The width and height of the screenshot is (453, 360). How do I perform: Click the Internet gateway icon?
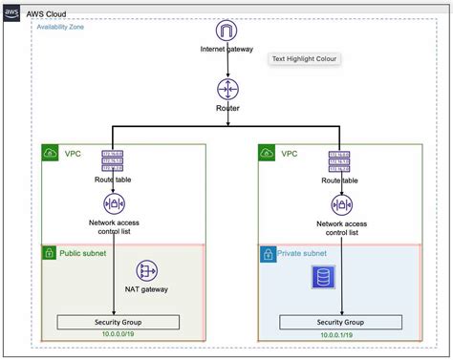[226, 32]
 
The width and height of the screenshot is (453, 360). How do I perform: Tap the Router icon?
[226, 89]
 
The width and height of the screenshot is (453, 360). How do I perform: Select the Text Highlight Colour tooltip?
[305, 58]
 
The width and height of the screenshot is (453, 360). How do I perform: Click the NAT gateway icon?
[146, 271]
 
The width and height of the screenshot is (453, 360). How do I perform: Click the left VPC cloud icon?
[51, 153]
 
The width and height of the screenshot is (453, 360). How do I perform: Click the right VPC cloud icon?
[268, 153]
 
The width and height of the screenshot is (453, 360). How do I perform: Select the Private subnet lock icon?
[268, 254]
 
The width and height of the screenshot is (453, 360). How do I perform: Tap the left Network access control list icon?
[115, 203]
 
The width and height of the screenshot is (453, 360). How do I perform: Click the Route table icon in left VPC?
[114, 161]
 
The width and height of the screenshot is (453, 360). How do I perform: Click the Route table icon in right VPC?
[336, 161]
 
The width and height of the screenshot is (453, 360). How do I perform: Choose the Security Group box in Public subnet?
[119, 321]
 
